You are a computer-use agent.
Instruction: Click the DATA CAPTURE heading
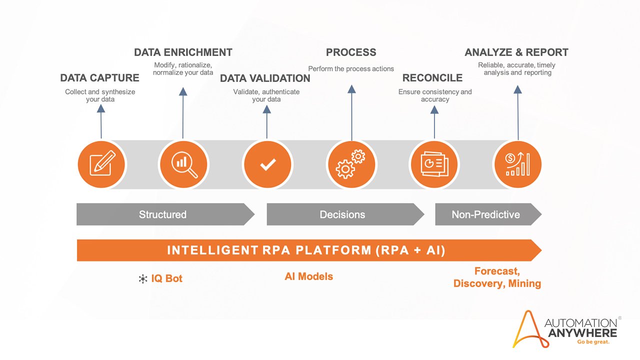click(99, 78)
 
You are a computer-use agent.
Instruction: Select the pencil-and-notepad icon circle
click(102, 164)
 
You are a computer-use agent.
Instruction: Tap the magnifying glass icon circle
click(183, 164)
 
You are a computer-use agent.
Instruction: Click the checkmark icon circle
click(267, 164)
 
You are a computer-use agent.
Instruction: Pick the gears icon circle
click(351, 164)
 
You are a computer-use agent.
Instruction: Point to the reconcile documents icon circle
click(434, 164)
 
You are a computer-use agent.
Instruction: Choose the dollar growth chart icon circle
click(517, 164)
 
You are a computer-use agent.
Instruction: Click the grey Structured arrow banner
click(163, 214)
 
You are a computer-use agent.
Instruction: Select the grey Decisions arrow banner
click(343, 214)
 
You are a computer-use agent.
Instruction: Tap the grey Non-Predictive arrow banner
click(486, 214)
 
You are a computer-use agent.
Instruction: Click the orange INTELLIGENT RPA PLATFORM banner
click(306, 250)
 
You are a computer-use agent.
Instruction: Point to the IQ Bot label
click(166, 278)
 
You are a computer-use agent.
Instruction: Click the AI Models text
click(308, 276)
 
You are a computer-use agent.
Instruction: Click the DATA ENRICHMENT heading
click(183, 52)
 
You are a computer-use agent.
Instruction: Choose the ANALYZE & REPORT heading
click(516, 52)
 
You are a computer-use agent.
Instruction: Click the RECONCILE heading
click(432, 78)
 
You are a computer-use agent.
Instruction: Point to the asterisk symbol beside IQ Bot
click(143, 279)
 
